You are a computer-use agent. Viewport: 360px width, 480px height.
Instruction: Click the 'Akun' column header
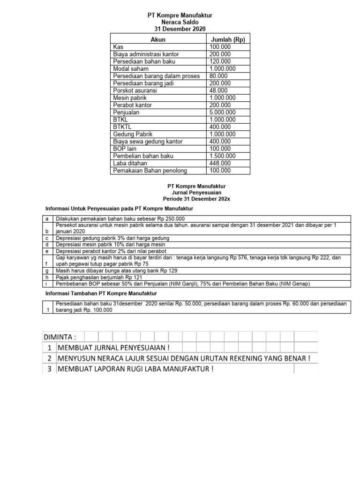click(x=158, y=40)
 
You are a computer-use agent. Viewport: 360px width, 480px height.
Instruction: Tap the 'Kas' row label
click(x=118, y=47)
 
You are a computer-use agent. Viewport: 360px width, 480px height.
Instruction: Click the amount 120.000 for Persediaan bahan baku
click(x=220, y=61)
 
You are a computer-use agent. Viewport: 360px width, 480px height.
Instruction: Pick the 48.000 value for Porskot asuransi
click(x=218, y=90)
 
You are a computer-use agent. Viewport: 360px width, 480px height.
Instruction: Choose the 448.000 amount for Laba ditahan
click(x=220, y=163)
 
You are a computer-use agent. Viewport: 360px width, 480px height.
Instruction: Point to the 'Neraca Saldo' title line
click(x=180, y=22)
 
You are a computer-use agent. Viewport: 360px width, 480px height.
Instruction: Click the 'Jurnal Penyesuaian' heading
click(x=180, y=192)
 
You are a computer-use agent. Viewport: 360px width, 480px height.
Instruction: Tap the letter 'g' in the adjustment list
click(x=46, y=271)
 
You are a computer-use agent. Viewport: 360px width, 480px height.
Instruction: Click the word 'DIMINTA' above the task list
click(x=60, y=337)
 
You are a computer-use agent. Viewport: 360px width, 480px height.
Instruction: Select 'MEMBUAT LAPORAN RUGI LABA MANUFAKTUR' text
click(x=135, y=369)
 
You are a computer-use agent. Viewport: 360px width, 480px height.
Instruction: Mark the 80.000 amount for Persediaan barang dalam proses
click(x=218, y=76)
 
